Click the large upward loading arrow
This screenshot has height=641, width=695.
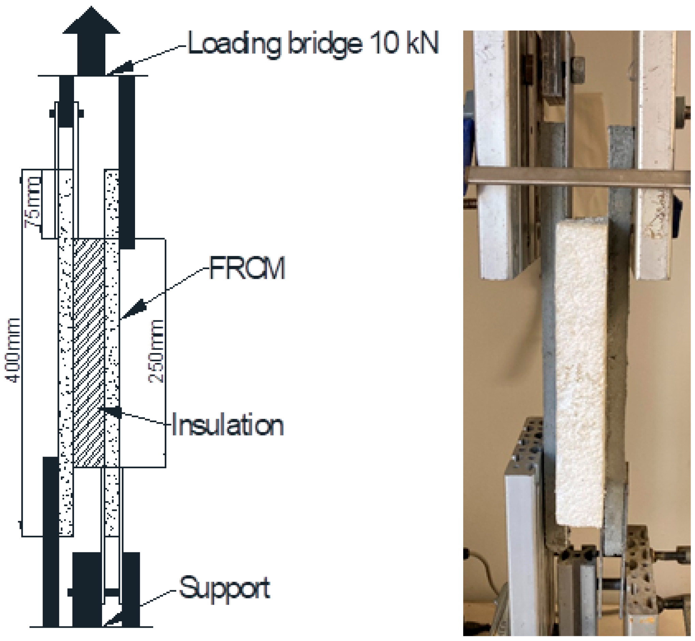pos(91,38)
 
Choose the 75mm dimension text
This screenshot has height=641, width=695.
pos(33,202)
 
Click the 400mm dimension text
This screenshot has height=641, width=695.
pos(14,350)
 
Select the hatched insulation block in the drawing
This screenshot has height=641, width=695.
pos(89,352)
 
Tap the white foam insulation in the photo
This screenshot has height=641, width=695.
pos(580,375)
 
